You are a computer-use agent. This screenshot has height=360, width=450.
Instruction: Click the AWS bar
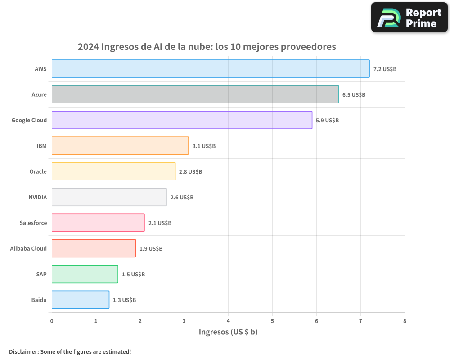pos(211,69)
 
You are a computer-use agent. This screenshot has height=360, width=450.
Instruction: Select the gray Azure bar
pos(195,94)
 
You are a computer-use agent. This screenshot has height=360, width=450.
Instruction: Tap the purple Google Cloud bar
pos(182,120)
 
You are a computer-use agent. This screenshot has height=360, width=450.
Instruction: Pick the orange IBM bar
pos(120,146)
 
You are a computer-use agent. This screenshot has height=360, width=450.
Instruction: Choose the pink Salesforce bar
pos(98,223)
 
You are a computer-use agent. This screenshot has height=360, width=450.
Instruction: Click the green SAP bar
pos(85,274)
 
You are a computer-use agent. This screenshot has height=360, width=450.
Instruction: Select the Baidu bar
pos(80,300)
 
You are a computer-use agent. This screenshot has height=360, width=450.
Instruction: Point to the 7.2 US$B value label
pos(385,69)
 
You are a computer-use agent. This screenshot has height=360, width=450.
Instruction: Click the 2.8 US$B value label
pos(190,172)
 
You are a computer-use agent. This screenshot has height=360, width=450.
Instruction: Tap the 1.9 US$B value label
pos(151,249)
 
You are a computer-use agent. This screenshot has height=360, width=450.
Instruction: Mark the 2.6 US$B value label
pos(182,198)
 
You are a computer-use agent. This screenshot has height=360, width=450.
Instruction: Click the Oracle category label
pos(38,171)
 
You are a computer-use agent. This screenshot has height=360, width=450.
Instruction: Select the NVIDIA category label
pos(37,197)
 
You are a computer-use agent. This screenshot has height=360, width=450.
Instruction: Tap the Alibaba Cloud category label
pos(28,248)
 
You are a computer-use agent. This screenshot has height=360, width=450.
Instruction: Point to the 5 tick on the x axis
pos(272,321)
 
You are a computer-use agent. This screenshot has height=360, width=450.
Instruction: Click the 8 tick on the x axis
pos(405,321)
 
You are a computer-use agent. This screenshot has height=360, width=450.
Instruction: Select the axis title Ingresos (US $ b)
pos(228,332)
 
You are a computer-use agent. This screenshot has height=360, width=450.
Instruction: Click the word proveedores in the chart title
pos(308,47)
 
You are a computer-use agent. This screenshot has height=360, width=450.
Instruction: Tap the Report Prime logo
pos(409,18)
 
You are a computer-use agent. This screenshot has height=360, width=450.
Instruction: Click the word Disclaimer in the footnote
pos(23,351)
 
